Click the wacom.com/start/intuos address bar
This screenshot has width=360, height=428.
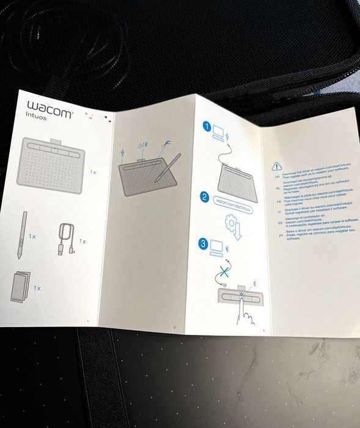(233, 204)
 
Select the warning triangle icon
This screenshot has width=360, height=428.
(277, 165)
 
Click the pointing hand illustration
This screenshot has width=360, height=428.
(246, 311)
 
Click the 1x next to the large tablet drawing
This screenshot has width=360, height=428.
(93, 172)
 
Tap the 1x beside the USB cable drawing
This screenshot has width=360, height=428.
(83, 241)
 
